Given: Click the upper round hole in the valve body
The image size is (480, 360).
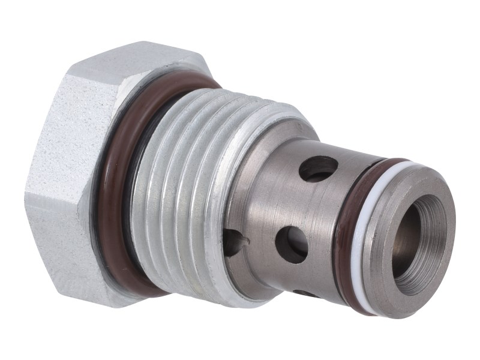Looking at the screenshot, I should click(x=319, y=169).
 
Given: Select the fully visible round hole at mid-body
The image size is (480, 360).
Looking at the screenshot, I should click(x=292, y=244).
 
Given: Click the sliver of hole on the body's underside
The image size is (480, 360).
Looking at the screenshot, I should click(x=306, y=293).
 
